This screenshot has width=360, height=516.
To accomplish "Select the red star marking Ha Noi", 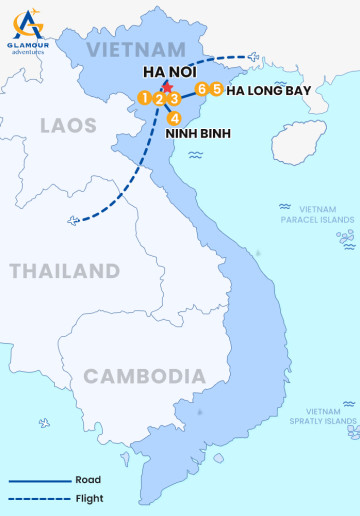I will (167, 88).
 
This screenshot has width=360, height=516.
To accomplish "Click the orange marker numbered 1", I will (145, 98).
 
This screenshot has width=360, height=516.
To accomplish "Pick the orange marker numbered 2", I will (159, 98).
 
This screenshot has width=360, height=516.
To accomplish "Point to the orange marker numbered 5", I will (217, 89).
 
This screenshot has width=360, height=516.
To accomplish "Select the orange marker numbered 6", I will (202, 89).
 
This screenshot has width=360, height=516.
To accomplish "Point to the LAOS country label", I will (68, 125).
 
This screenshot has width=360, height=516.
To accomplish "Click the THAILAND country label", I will (64, 271).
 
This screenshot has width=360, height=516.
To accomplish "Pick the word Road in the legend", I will (88, 480).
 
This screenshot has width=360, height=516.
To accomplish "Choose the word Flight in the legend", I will (89, 498).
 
